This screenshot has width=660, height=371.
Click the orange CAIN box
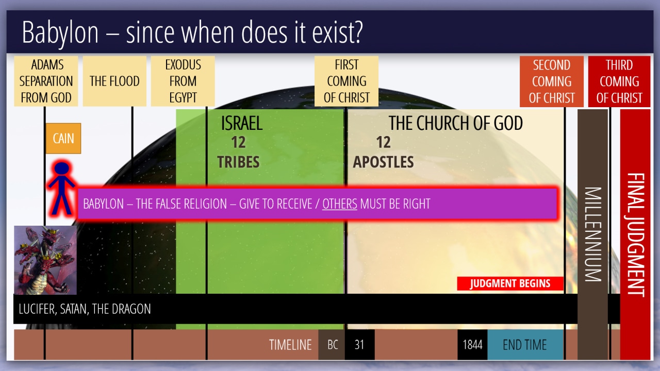point(63,139)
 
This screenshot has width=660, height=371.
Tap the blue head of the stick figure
point(62,168)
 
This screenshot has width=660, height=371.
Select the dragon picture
point(45,260)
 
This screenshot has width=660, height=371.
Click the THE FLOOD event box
point(114,81)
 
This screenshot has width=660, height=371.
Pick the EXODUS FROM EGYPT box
point(183,81)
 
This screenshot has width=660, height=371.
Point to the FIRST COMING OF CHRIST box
point(346,81)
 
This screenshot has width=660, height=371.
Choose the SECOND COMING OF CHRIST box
point(552,81)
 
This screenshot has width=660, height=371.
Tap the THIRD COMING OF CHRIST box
point(619,81)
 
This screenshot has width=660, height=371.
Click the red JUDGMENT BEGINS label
point(510,283)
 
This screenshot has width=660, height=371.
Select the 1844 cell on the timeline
point(472,345)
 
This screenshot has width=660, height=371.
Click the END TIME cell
point(525,345)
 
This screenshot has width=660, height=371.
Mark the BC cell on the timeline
point(332,345)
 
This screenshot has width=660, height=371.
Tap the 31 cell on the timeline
point(360,345)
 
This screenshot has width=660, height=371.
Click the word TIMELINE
point(290,345)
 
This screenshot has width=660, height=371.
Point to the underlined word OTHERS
point(340,204)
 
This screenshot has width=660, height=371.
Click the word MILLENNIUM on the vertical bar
point(593,234)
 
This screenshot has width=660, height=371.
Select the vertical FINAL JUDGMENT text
point(636,234)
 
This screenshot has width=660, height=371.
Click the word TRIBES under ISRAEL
point(238,162)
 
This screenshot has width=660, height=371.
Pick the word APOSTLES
point(383,162)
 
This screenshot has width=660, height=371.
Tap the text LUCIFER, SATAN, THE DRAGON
point(85,309)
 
